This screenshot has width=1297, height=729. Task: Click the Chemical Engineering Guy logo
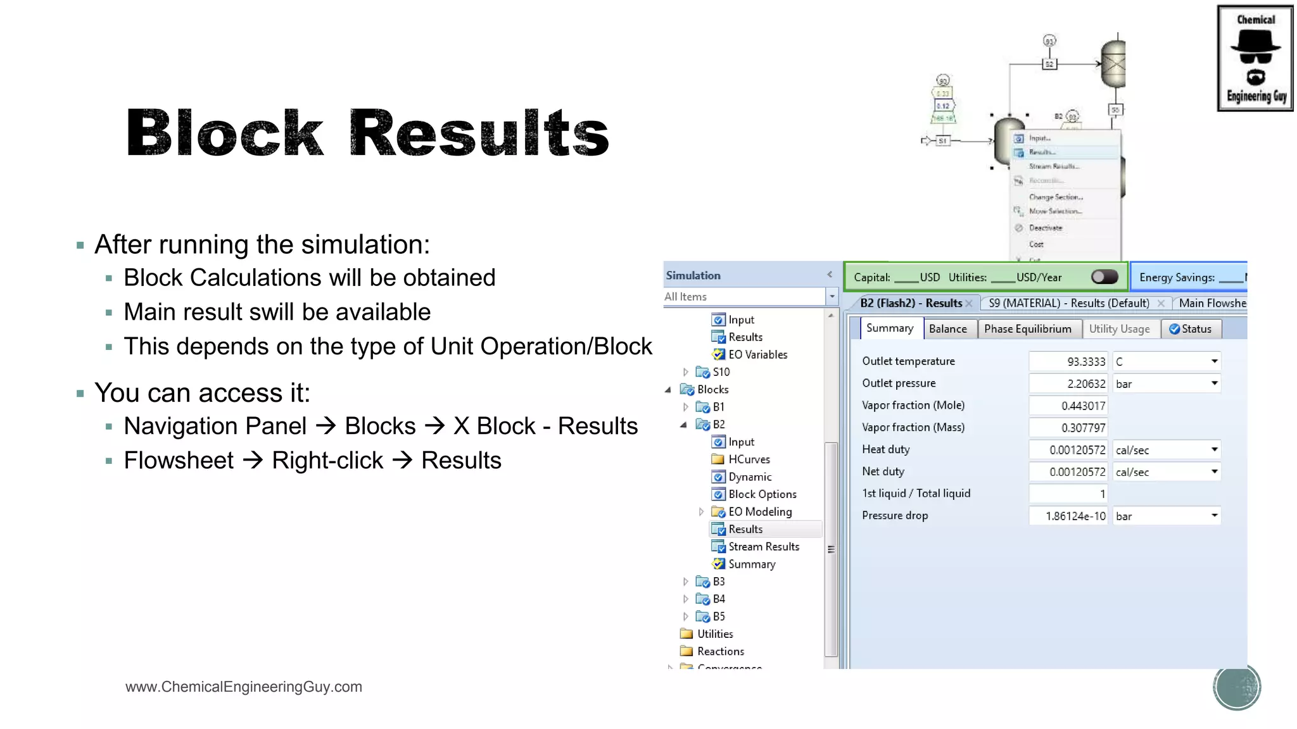(x=1255, y=58)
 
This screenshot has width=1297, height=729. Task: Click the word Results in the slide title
(x=479, y=134)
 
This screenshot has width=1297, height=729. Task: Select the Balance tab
(x=947, y=329)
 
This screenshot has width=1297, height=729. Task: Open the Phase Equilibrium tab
(x=1027, y=329)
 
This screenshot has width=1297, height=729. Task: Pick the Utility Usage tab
(x=1119, y=329)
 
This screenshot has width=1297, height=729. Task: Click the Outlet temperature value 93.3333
(x=1068, y=361)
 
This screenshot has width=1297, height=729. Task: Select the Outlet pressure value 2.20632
(x=1068, y=383)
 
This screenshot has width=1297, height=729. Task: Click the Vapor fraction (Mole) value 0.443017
(x=1068, y=406)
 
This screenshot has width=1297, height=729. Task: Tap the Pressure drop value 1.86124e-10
(x=1068, y=516)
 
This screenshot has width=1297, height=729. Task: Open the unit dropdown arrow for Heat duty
(x=1214, y=450)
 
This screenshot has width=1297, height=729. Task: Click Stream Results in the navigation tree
(x=763, y=547)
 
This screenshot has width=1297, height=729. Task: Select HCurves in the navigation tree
(x=749, y=459)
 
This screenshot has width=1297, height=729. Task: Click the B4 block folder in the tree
(x=718, y=599)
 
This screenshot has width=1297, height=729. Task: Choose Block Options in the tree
(x=762, y=494)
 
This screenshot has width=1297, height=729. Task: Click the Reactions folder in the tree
(x=720, y=651)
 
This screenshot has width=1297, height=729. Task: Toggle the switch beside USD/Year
(x=1104, y=277)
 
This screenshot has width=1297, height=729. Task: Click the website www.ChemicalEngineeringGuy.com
(x=244, y=687)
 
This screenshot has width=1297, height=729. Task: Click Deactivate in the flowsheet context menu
(x=1045, y=228)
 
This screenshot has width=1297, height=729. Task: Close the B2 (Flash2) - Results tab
(x=969, y=304)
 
